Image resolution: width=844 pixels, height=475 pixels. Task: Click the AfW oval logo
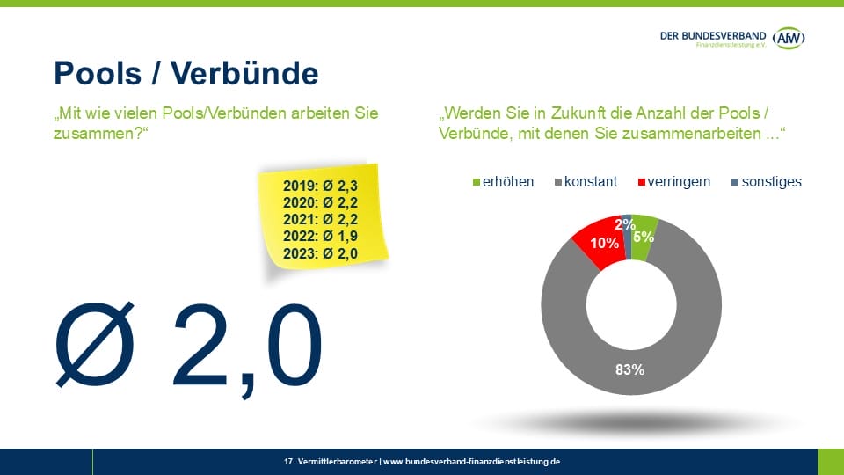click(x=789, y=37)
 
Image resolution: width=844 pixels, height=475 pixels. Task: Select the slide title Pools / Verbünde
click(x=186, y=72)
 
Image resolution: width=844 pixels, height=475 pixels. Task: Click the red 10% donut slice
click(x=597, y=241)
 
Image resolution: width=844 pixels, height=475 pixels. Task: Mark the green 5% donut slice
click(x=644, y=237)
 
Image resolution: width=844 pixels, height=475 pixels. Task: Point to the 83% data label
click(x=630, y=369)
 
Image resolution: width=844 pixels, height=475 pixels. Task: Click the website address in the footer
click(x=472, y=461)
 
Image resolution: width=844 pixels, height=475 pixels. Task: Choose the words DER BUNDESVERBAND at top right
click(x=713, y=34)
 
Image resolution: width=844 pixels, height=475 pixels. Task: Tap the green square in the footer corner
click(x=830, y=461)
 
